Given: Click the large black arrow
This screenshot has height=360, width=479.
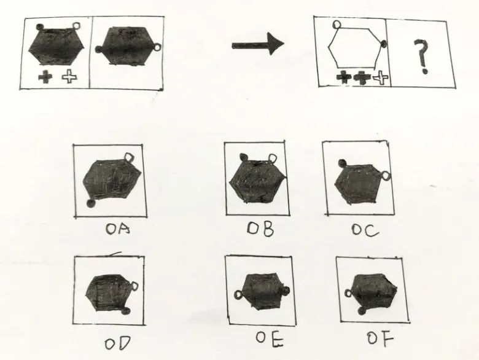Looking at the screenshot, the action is (258, 45).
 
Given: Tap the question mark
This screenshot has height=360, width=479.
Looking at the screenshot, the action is (422, 57).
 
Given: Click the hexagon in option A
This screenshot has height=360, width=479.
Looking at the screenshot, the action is (112, 179).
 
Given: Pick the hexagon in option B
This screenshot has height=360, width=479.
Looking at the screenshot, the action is (257, 182).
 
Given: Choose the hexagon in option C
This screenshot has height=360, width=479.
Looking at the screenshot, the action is (358, 184).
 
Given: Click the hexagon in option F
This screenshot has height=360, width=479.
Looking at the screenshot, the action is (373, 291).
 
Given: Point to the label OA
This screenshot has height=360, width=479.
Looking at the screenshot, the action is (118, 229).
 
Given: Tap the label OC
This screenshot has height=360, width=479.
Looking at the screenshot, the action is (365, 230).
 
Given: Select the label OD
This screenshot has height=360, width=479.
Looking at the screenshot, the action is (118, 343).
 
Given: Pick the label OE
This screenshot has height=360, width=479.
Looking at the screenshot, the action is (270, 339).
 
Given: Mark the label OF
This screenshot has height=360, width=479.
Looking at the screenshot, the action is (380, 338).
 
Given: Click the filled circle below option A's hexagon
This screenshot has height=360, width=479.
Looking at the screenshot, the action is (91, 203).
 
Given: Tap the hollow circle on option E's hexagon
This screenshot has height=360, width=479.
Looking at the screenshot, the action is (238, 295).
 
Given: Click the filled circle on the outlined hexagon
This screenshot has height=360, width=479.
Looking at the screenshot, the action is (384, 44).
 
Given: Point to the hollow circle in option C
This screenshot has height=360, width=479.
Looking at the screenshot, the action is (386, 176).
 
